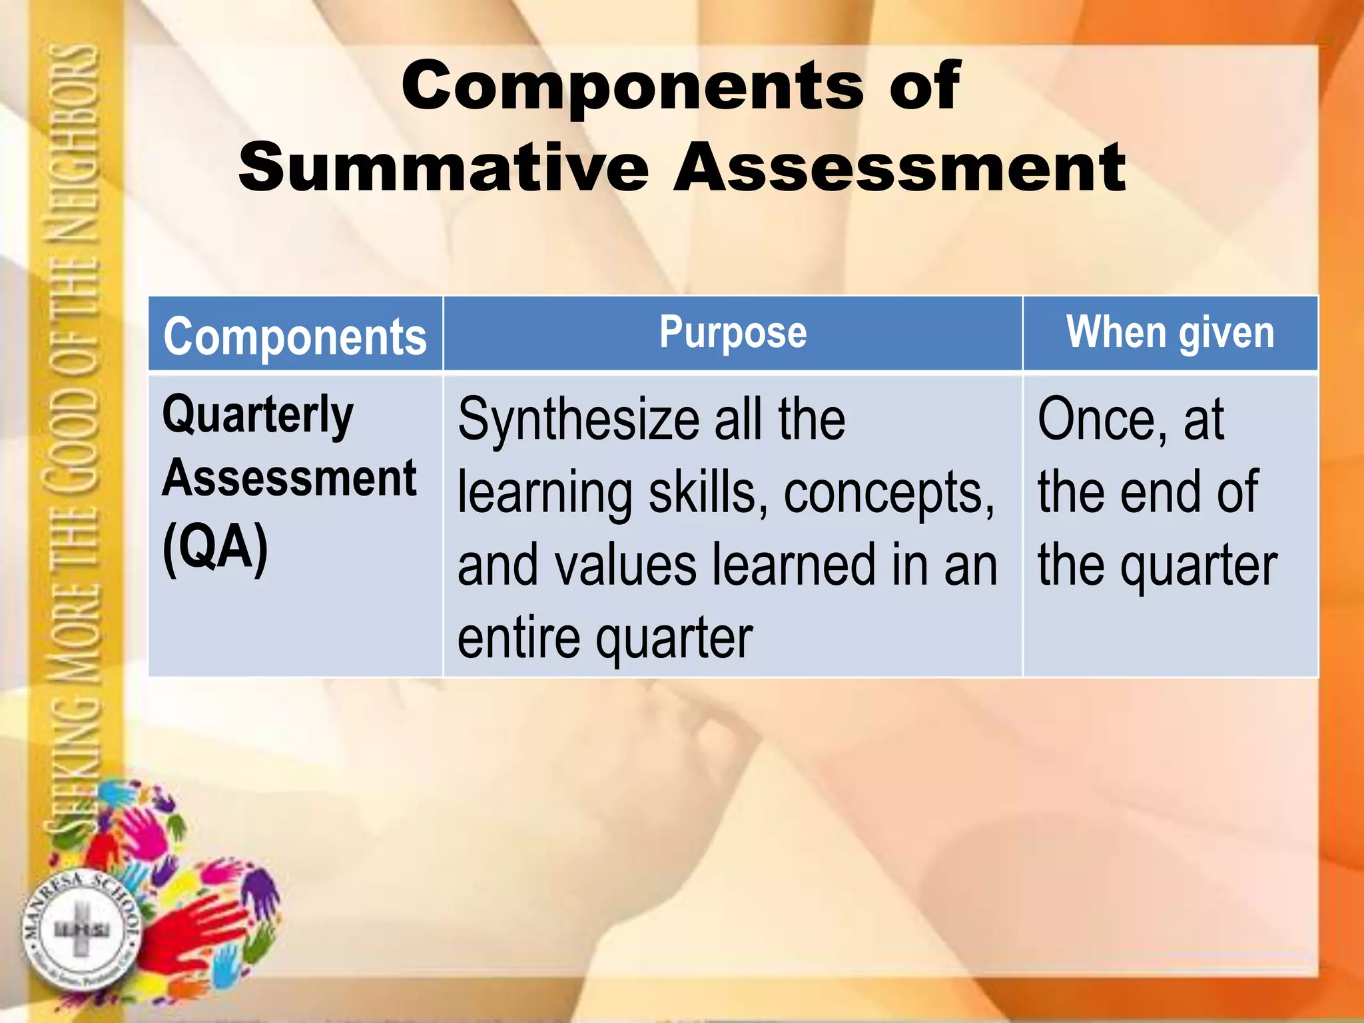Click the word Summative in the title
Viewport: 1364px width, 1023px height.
(444, 167)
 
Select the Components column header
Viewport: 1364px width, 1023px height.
(295, 336)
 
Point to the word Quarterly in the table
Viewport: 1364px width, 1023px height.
(258, 415)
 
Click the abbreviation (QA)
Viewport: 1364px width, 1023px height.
(215, 547)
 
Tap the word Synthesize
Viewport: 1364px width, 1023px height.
(578, 420)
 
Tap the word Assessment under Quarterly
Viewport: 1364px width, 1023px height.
(290, 478)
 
